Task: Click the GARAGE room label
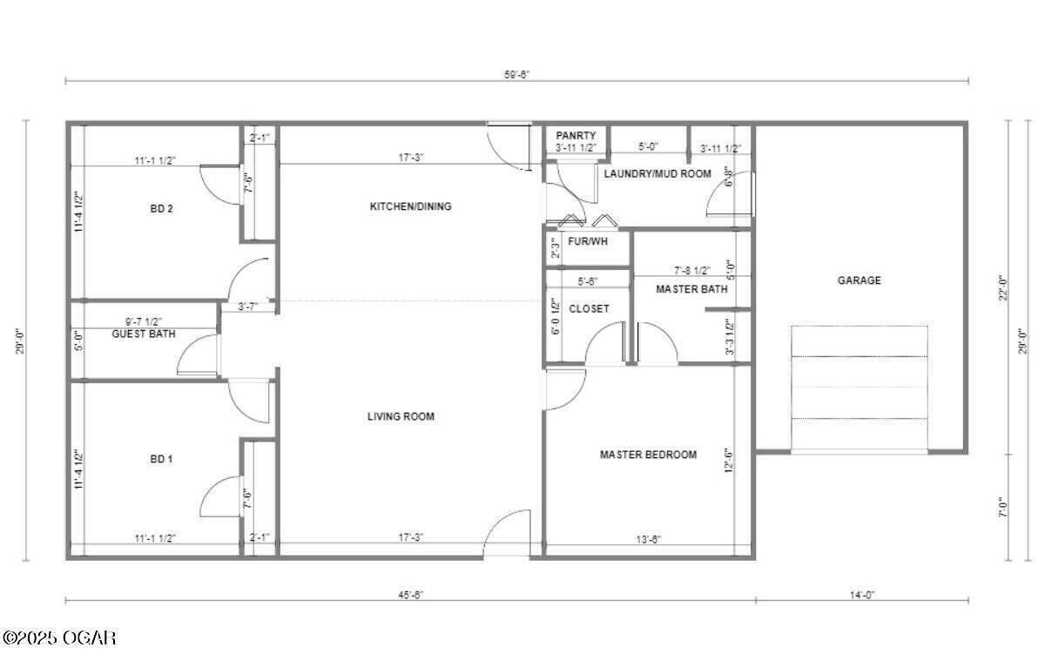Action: point(859,280)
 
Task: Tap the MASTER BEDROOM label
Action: point(648,455)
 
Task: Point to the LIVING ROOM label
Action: point(401,416)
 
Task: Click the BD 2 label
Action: point(161,209)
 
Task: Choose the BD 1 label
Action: point(161,459)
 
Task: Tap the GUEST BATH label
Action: point(144,334)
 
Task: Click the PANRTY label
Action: point(576,136)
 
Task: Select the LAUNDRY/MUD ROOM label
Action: point(657,173)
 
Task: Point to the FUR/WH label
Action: point(587,241)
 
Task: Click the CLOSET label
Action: point(589,309)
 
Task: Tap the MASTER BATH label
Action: point(691,289)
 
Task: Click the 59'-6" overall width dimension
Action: point(516,74)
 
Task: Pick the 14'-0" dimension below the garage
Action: point(862,594)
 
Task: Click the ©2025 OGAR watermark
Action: point(58,638)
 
